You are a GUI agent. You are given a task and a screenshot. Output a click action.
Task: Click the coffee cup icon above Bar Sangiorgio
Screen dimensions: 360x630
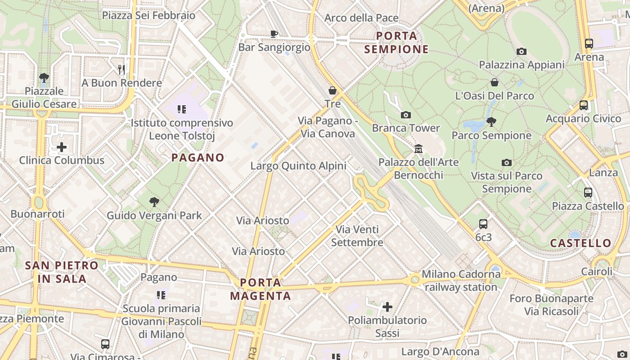[274, 33]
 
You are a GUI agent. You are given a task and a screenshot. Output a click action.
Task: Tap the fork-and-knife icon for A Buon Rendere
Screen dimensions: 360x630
[121, 69]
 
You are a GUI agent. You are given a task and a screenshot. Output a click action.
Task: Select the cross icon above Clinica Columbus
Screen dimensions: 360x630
[62, 147]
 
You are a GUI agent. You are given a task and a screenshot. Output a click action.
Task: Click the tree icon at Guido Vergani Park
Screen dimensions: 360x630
[154, 202]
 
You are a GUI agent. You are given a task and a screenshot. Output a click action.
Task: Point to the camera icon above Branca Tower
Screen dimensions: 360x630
[405, 115]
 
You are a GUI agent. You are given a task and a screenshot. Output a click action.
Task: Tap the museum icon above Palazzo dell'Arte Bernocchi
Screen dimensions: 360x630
[418, 148]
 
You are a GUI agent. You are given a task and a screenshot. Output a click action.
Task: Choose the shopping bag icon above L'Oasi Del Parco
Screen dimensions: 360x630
[494, 82]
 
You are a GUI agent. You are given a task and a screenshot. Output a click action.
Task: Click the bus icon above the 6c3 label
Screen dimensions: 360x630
[483, 224]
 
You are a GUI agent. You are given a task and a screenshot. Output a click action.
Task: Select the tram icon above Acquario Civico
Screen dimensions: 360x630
[583, 105]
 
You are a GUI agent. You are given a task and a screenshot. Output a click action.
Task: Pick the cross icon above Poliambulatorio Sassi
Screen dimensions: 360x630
[387, 307]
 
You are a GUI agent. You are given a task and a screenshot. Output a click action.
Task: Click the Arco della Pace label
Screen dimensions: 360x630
[361, 18]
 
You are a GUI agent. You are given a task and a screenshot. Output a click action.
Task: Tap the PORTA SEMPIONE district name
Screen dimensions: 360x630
[396, 42]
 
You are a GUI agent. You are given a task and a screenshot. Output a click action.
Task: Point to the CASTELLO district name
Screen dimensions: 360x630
[581, 243]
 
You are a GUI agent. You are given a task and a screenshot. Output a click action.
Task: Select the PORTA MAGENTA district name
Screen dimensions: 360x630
[261, 289]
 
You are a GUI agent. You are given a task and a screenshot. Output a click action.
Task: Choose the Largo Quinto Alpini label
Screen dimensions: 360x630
[298, 166]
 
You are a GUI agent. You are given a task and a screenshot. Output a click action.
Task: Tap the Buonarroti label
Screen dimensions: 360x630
[38, 214]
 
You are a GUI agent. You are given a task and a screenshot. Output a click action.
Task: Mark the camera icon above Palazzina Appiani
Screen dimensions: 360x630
[521, 51]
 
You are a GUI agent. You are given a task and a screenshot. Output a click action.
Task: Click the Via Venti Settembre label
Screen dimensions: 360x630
[357, 236]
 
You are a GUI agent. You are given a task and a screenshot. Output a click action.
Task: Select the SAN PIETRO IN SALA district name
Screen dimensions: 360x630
[62, 272]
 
